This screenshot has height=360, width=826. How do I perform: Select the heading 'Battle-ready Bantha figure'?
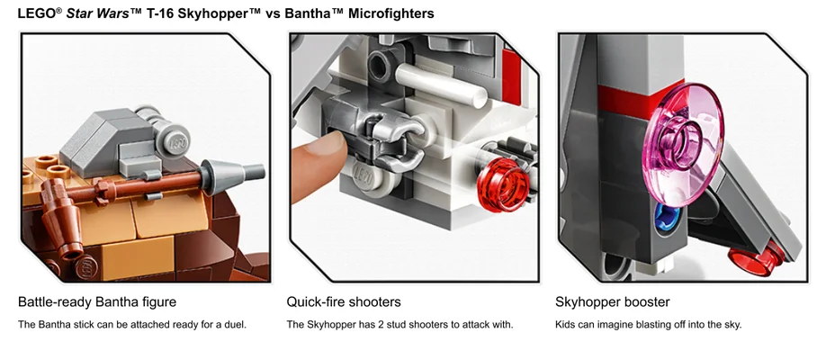pyautogui.click(x=97, y=301)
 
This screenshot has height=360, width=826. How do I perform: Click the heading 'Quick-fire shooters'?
pyautogui.click(x=344, y=301)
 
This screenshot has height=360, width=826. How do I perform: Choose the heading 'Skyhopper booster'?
pyautogui.click(x=613, y=301)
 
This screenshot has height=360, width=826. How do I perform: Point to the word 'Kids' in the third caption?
pyautogui.click(x=566, y=324)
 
